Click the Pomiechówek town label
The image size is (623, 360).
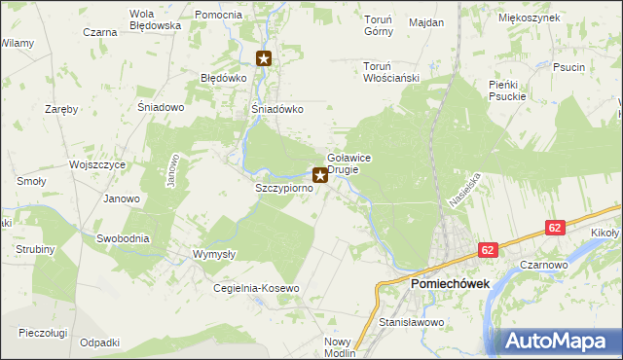(x=450, y=283)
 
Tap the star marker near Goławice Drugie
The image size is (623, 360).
(x=320, y=177)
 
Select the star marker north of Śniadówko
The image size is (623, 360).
(x=264, y=58)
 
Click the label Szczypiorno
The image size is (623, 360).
(x=283, y=187)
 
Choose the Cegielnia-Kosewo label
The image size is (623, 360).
(x=256, y=289)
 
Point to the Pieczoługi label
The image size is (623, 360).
(x=42, y=333)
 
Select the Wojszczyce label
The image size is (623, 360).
(x=97, y=165)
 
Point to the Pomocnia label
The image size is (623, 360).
(x=218, y=16)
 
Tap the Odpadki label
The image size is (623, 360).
(x=100, y=342)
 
